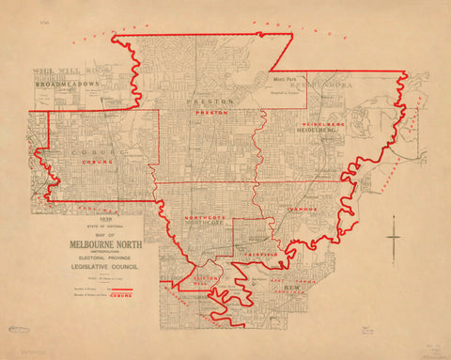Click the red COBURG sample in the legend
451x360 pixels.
(120, 296)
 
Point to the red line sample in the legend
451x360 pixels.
(120, 290)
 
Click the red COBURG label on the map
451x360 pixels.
(97, 162)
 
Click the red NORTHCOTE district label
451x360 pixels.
(200, 218)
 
